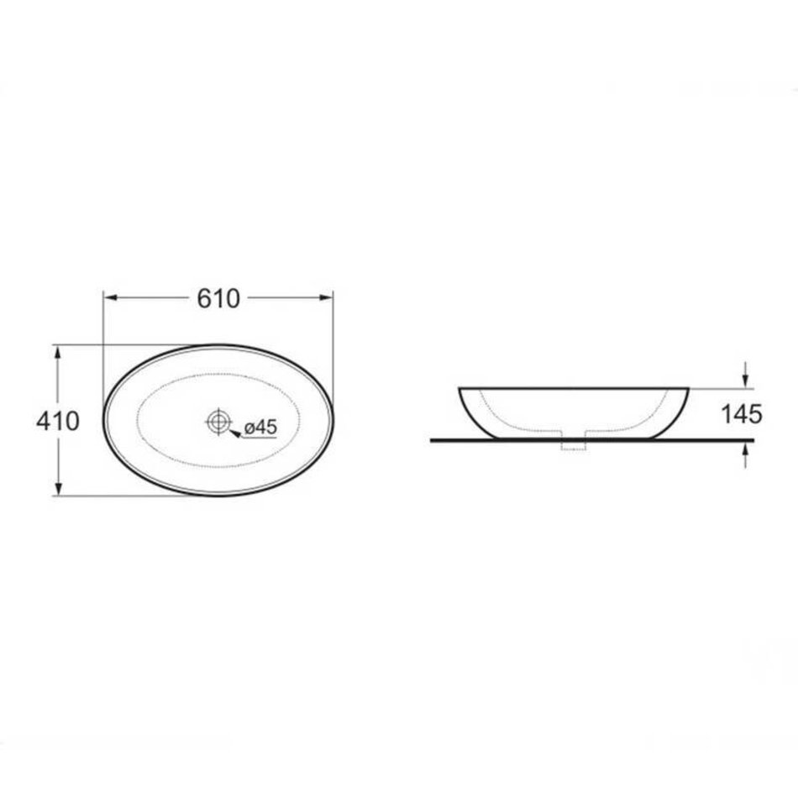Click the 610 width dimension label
click(218, 299)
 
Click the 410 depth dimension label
click(58, 421)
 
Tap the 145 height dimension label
click(742, 414)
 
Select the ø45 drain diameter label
click(260, 427)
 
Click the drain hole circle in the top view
click(219, 422)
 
